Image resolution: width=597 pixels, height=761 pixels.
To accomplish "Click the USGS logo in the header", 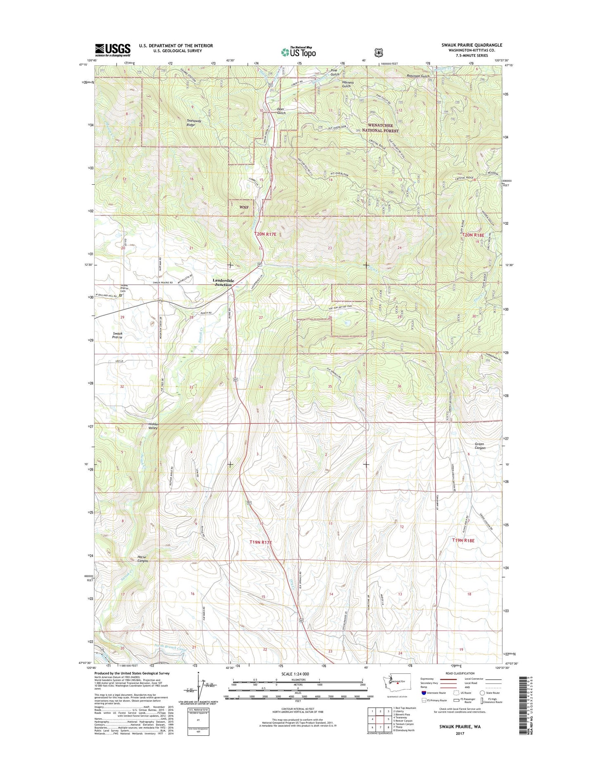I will [x=112, y=50].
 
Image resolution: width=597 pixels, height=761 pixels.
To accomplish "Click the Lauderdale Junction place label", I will [x=224, y=283].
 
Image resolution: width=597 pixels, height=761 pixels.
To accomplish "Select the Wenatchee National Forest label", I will [x=381, y=128].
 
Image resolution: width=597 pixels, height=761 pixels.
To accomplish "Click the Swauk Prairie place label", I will [x=117, y=335].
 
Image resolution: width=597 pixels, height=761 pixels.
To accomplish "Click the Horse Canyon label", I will [x=143, y=559].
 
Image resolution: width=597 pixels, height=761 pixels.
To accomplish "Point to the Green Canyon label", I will [x=479, y=446].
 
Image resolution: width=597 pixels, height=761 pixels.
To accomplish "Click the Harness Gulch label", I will [x=348, y=84].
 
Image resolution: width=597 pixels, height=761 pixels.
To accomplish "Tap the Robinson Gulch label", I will [x=418, y=76].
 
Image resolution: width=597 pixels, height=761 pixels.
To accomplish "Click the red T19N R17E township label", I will [x=261, y=542].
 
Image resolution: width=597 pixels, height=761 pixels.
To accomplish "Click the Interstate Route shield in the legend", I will [x=424, y=693].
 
